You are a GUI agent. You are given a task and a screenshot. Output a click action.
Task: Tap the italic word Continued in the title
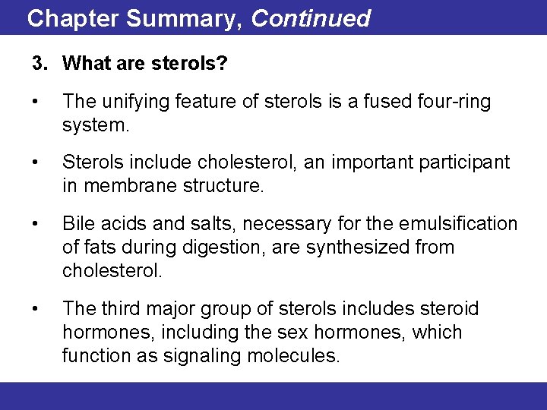click(x=311, y=18)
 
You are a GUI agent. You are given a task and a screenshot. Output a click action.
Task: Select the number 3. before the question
click(x=40, y=64)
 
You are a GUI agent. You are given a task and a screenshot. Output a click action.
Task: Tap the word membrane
click(x=122, y=186)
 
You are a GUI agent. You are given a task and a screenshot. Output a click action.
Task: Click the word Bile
click(x=77, y=225)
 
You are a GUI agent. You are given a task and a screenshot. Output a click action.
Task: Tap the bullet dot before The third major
click(x=36, y=309)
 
